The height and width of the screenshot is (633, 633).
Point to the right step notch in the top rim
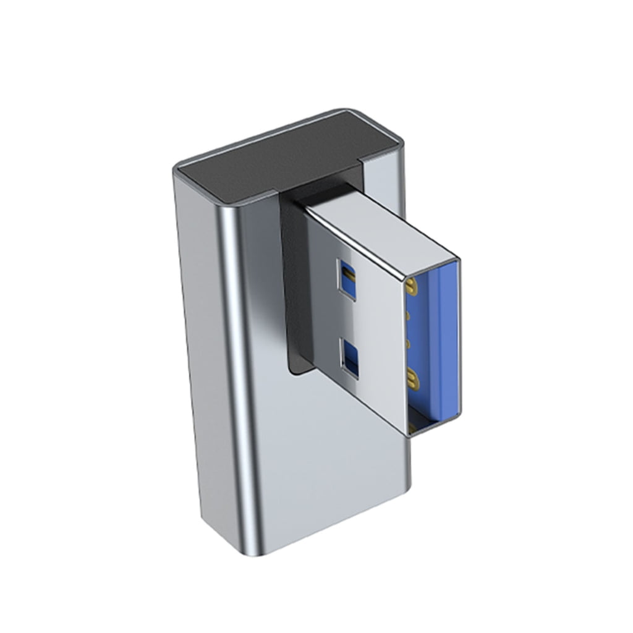(x=362, y=163)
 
